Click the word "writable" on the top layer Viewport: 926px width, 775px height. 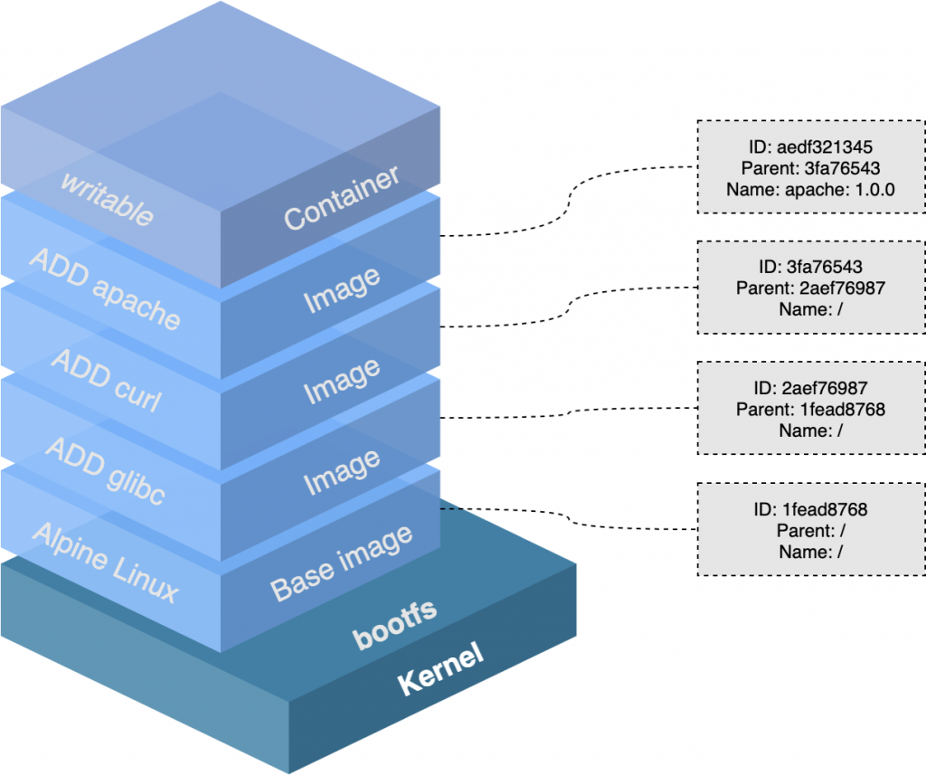point(107,196)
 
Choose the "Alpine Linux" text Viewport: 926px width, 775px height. point(105,562)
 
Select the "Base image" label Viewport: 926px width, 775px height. point(342,562)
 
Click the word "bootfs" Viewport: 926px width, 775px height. point(394,623)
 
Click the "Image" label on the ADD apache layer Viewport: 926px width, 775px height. point(342,289)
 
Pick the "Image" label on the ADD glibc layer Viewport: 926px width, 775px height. point(342,473)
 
